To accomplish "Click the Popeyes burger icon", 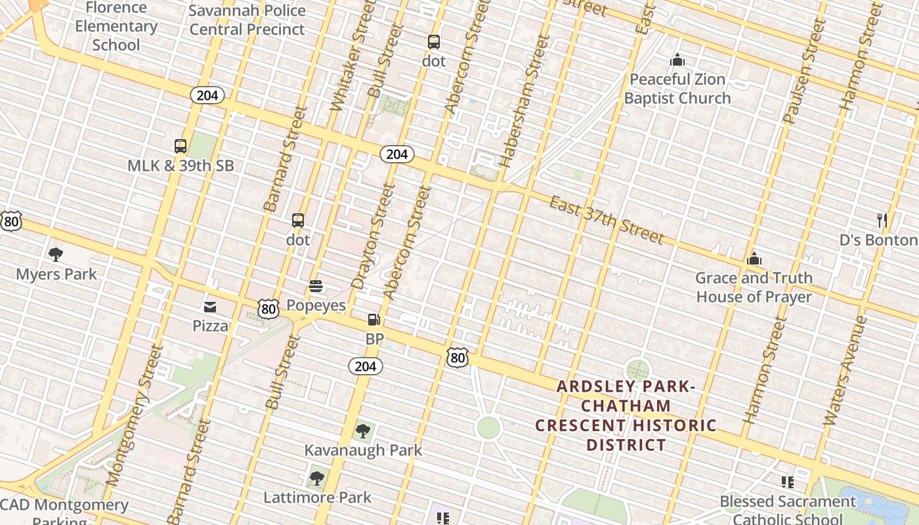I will [316, 286].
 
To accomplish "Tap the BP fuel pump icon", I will [374, 320].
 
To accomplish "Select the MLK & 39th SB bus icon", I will [181, 146].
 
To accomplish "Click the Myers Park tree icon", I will [56, 254].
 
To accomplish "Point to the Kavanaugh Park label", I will [363, 450].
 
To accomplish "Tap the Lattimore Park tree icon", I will [317, 478].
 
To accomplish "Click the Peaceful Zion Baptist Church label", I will [677, 89].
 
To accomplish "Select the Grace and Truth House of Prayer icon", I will [754, 259].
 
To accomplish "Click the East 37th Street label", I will [607, 219].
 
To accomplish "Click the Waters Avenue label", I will [845, 371].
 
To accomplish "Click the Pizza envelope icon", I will [210, 306].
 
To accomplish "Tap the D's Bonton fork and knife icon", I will [882, 220].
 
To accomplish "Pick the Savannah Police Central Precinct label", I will [247, 20].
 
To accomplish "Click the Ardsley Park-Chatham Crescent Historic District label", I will [626, 415].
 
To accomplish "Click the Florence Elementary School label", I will [116, 26].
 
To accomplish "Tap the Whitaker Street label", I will [347, 69].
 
